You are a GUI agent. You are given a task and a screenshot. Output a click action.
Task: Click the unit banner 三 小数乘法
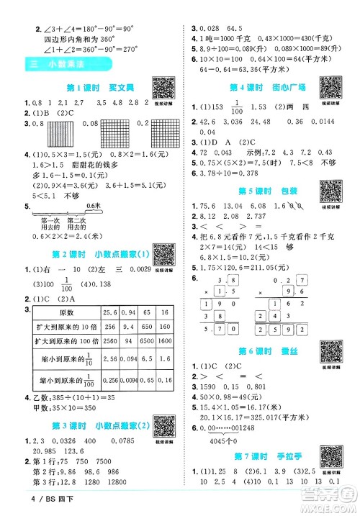pos(67,65)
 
